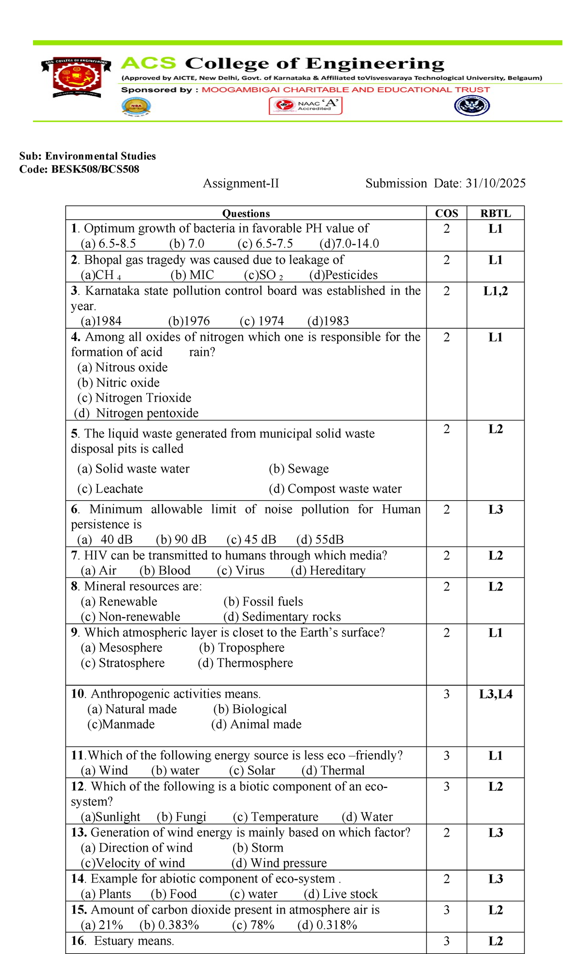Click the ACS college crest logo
click(x=77, y=77)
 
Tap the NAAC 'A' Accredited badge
click(x=305, y=106)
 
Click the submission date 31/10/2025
click(x=496, y=183)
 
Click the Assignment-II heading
click(x=241, y=183)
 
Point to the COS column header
click(x=446, y=213)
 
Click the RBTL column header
click(x=496, y=213)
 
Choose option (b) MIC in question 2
click(x=192, y=275)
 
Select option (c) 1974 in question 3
click(x=262, y=321)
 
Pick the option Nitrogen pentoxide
click(x=147, y=413)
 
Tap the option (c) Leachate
click(x=110, y=489)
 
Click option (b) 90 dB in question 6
click(x=181, y=540)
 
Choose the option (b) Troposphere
click(x=242, y=648)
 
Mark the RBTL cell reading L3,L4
click(x=496, y=695)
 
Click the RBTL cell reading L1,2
click(x=496, y=291)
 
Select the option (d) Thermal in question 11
click(x=333, y=771)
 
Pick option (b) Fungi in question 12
click(x=181, y=817)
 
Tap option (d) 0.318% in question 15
click(x=327, y=925)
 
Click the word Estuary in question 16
click(x=114, y=941)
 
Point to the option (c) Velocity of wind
click(x=133, y=863)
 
